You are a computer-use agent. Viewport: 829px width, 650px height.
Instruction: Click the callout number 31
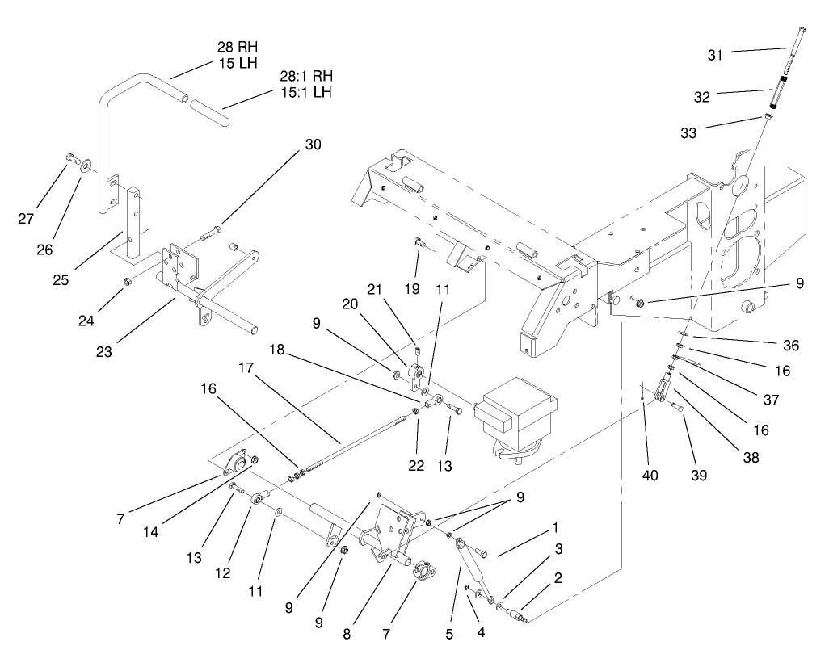coord(715,54)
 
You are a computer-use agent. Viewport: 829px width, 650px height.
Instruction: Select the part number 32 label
coord(701,97)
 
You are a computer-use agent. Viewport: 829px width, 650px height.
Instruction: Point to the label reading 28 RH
coord(238,47)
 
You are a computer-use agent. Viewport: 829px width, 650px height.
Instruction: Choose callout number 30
coord(313,145)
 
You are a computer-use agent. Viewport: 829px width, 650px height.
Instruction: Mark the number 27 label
coord(27,218)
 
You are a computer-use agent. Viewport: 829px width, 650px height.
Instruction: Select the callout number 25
coord(61,280)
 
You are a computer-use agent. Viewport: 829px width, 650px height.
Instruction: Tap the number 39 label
coord(699,476)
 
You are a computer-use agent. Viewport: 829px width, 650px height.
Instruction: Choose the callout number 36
coord(790,346)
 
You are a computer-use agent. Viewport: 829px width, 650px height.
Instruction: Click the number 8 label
coord(347,634)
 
